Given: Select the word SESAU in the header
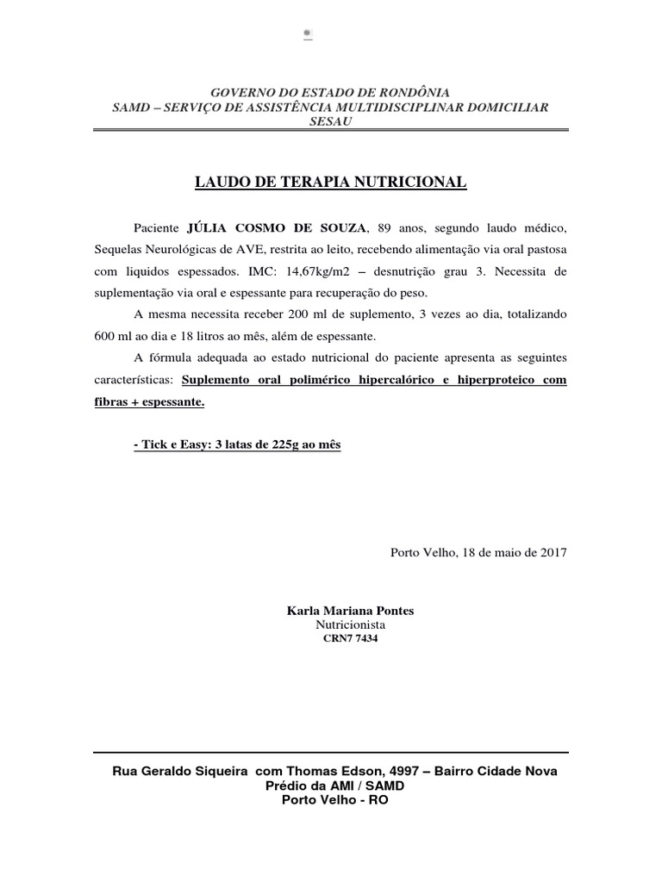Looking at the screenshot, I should tap(330, 121).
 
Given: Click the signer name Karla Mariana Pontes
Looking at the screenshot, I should tap(350, 611).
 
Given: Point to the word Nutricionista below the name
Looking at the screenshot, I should tap(350, 624).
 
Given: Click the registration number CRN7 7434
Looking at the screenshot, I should tap(350, 639).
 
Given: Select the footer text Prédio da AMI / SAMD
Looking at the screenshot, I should tap(335, 785).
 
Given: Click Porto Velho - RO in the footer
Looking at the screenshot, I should tap(335, 799).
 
